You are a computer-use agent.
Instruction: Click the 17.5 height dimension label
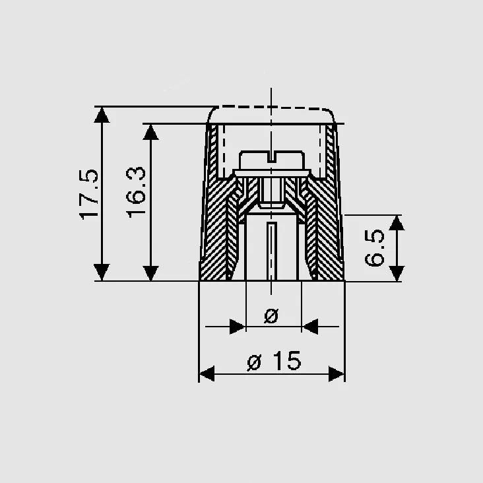[88, 195]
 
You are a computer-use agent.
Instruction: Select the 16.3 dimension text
[136, 192]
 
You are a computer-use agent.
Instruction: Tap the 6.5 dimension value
[375, 248]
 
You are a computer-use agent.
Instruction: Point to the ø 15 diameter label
[274, 360]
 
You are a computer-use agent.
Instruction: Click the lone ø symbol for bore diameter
[271, 316]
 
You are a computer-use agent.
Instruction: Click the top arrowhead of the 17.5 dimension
[102, 115]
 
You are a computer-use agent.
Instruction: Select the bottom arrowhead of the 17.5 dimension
[102, 273]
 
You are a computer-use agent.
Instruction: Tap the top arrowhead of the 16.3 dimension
[150, 132]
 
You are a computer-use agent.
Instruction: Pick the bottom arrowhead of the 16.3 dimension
[150, 273]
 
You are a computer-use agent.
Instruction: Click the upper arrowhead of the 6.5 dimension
[397, 223]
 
